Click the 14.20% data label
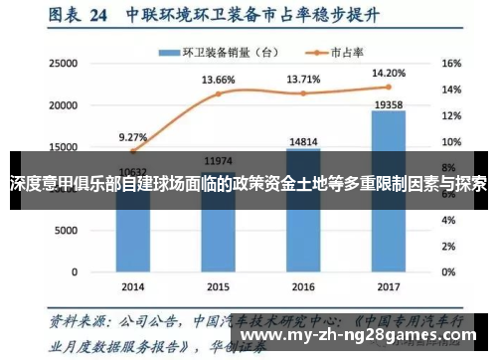pyautogui.click(x=388, y=72)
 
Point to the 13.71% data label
pyautogui.click(x=303, y=79)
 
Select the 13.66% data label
pyautogui.click(x=218, y=80)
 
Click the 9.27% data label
pyautogui.click(x=132, y=137)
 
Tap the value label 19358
pyautogui.click(x=388, y=102)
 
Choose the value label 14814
pyautogui.click(x=303, y=141)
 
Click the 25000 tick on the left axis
pyautogui.click(x=62, y=63)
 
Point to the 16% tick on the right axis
pyautogui.click(x=450, y=63)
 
